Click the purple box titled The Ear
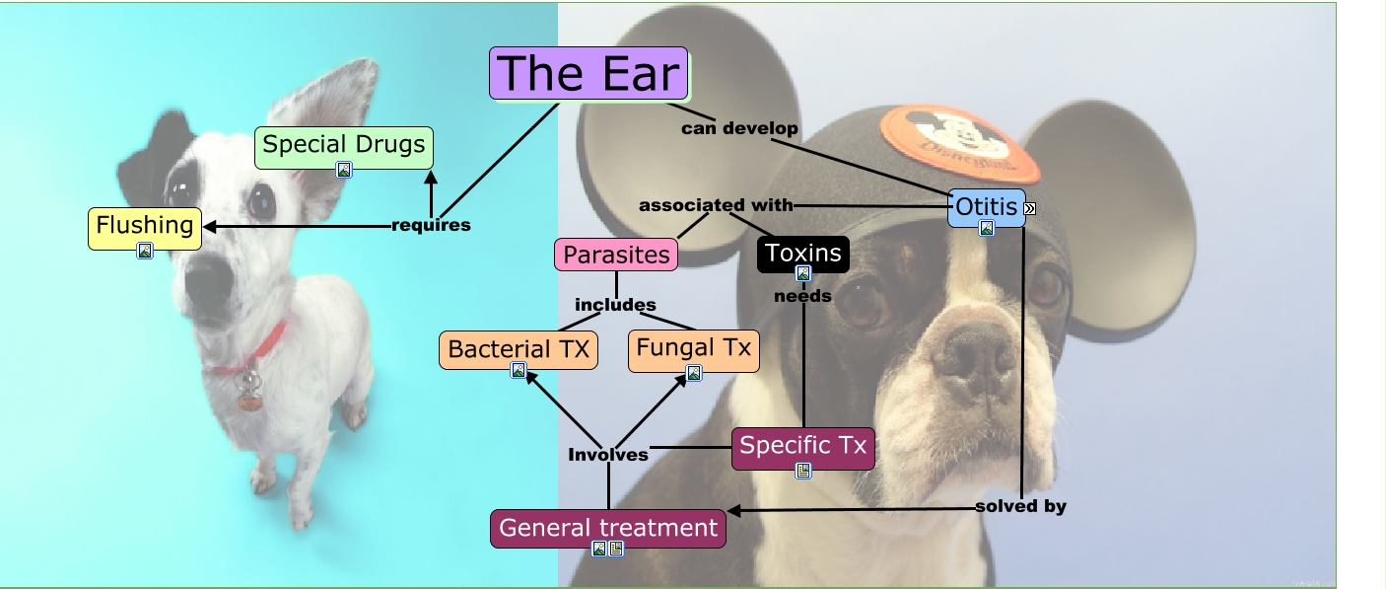pyautogui.click(x=589, y=73)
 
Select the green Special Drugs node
pyautogui.click(x=343, y=145)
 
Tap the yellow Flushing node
pyautogui.click(x=145, y=226)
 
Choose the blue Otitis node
pyautogui.click(x=986, y=207)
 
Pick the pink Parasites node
pyautogui.click(x=616, y=255)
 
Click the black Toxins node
pyautogui.click(x=802, y=254)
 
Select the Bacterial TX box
pyautogui.click(x=518, y=349)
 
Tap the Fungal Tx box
pyautogui.click(x=693, y=348)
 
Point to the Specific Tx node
pyautogui.click(x=802, y=446)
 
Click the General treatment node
pyautogui.click(x=608, y=528)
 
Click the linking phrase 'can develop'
pyautogui.click(x=739, y=128)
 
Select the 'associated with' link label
pyautogui.click(x=715, y=205)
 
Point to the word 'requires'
pyautogui.click(x=431, y=225)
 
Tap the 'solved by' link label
pyautogui.click(x=1020, y=506)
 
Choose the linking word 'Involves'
pyautogui.click(x=608, y=455)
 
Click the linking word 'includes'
pyautogui.click(x=615, y=304)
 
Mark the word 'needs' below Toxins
pyautogui.click(x=802, y=296)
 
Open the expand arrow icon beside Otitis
pyautogui.click(x=1030, y=208)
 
